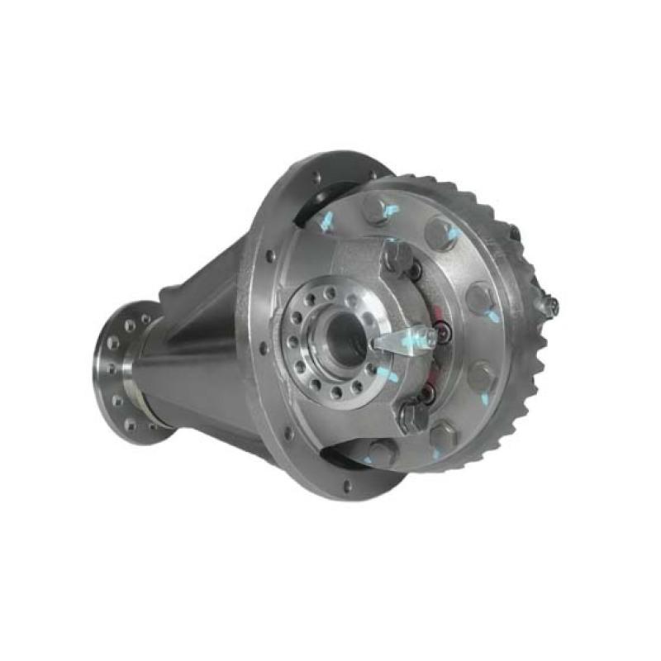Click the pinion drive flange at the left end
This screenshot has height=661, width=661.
click(x=124, y=372)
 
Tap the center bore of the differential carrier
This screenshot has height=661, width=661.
click(x=340, y=330)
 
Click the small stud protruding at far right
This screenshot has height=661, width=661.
click(x=549, y=306)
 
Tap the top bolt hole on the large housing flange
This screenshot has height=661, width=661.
click(x=316, y=176)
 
